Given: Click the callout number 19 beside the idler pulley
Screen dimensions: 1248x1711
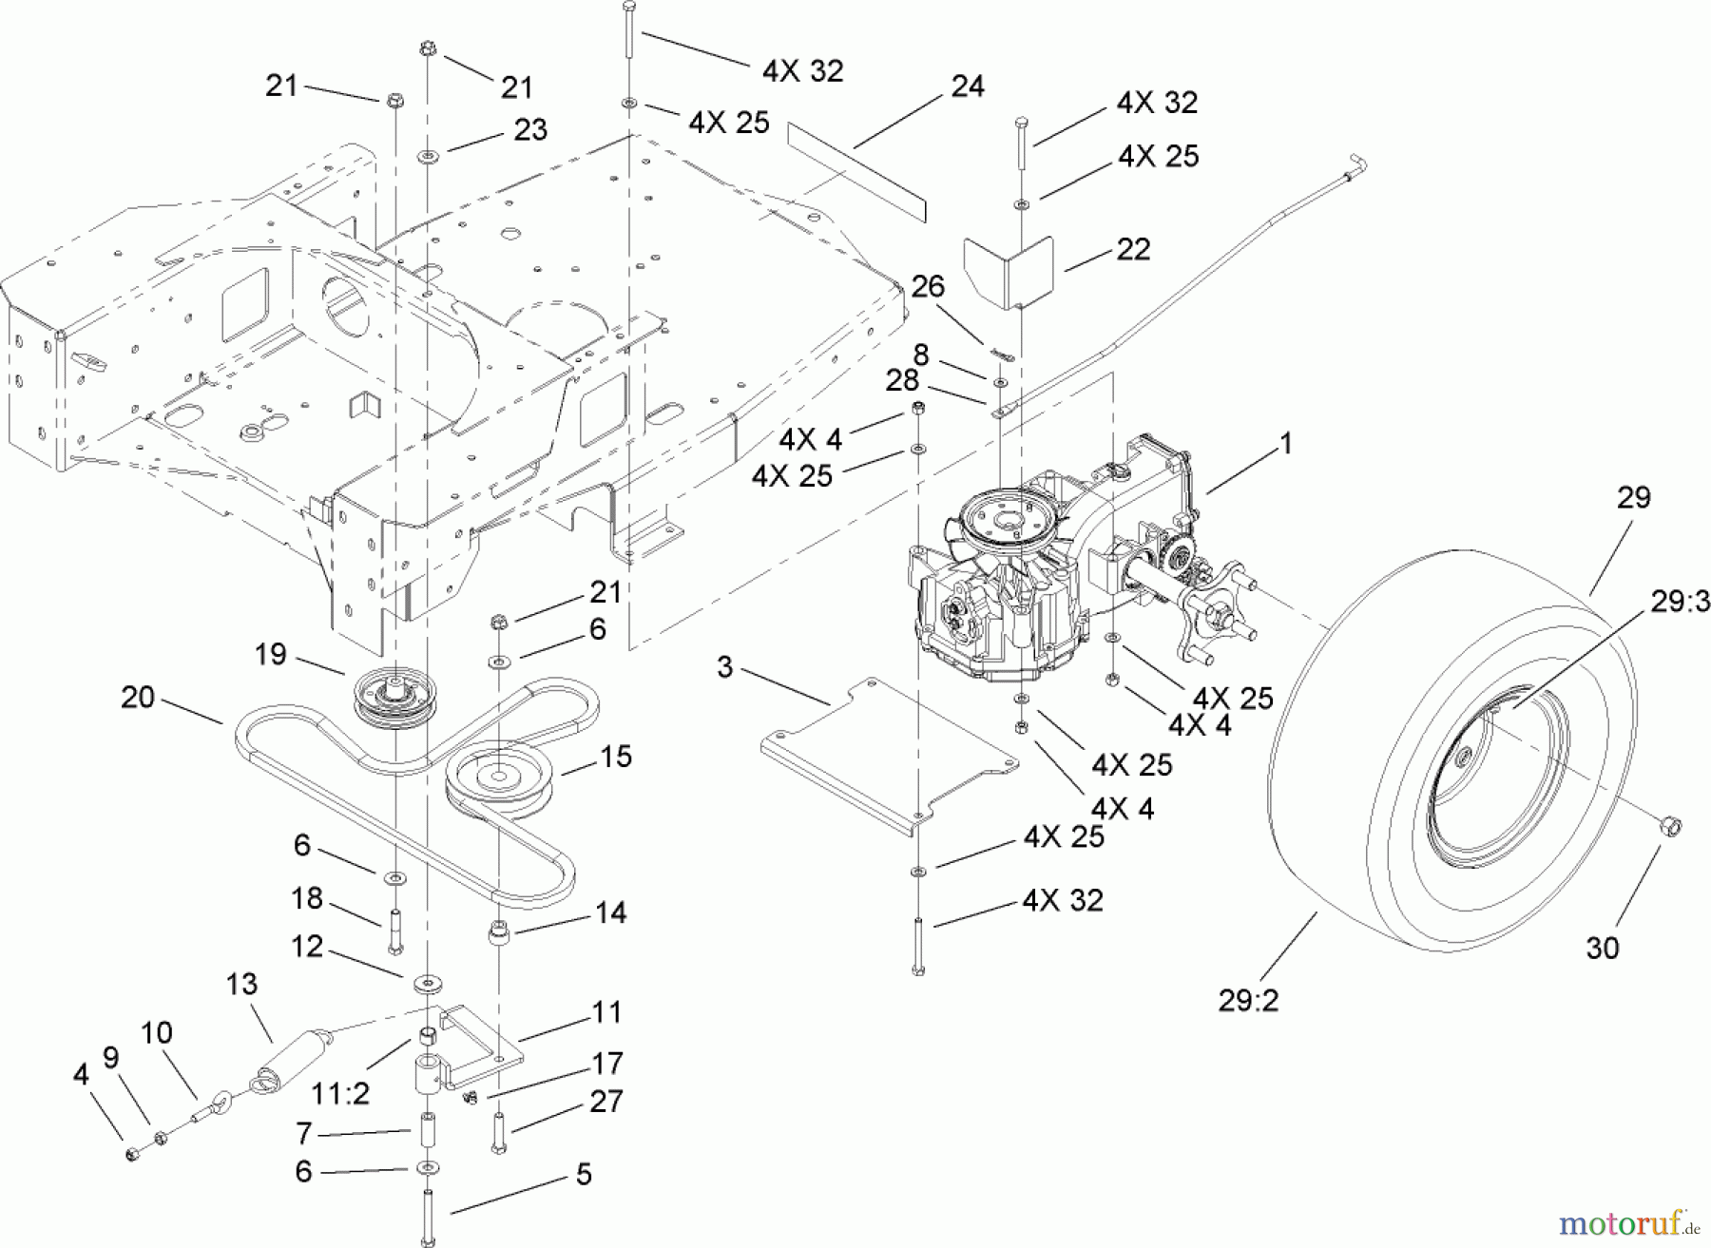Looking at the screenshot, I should tap(270, 654).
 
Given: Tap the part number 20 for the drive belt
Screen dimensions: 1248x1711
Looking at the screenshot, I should tap(138, 698).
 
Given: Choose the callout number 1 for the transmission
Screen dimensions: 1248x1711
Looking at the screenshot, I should tap(1286, 444).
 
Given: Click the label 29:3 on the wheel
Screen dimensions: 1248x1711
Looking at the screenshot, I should tap(1680, 603).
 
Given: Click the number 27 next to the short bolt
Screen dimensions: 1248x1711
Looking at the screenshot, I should tap(606, 1101).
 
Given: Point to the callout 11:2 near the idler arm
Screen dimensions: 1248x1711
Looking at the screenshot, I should tap(340, 1094).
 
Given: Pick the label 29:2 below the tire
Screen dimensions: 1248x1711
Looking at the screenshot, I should tap(1248, 1000).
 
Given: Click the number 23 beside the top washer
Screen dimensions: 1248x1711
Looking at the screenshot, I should tap(530, 129).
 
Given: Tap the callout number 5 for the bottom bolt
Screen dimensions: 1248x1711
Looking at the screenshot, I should tap(584, 1175).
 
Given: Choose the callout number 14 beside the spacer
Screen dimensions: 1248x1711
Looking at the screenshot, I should tap(610, 912).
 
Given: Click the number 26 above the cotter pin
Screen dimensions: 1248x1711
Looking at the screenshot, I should tap(929, 285).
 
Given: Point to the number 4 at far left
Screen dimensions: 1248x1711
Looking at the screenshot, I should tap(81, 1075).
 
